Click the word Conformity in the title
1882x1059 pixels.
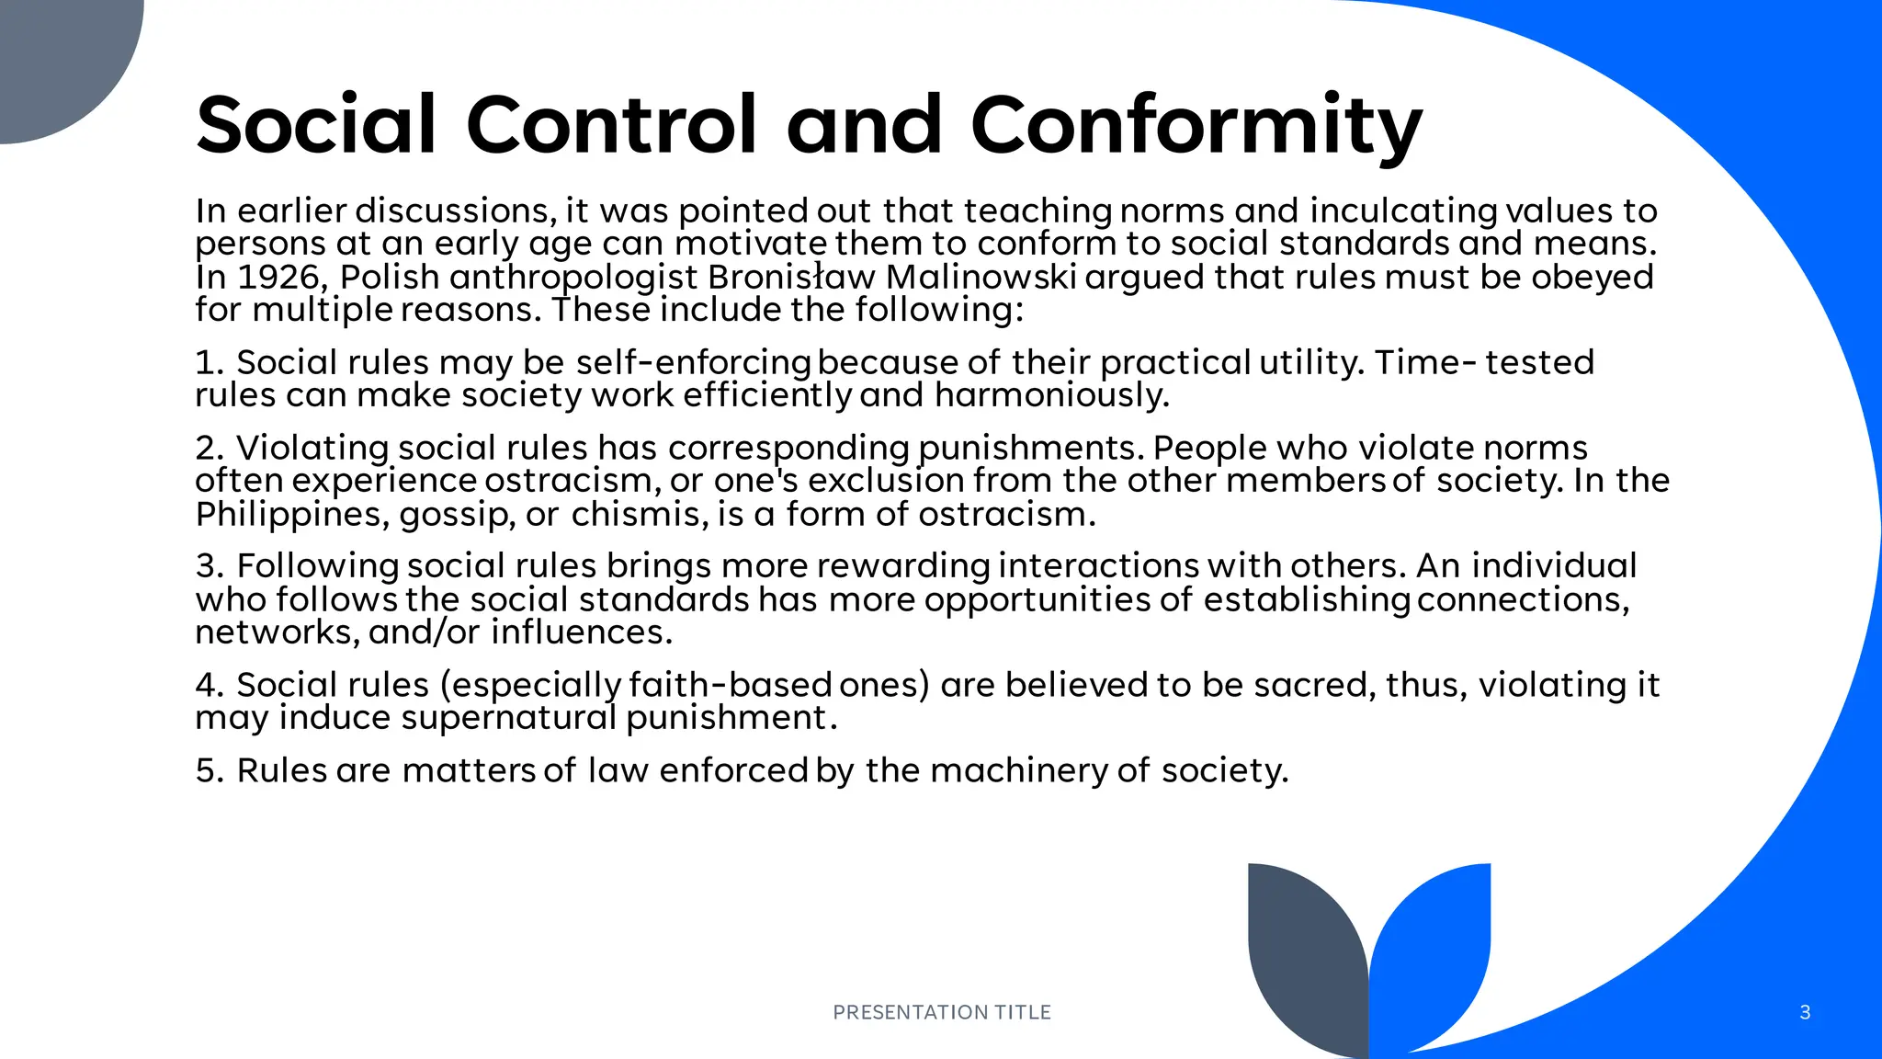[1196, 125]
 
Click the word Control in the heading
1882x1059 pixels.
[612, 125]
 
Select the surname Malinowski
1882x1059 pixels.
[981, 277]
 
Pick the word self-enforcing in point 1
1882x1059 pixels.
[693, 362]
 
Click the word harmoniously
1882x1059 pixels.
[1051, 395]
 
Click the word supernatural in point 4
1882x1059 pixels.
[509, 718]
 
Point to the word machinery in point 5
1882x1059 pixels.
[1019, 770]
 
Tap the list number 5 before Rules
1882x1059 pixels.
[208, 770]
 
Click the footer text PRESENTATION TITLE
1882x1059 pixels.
[941, 1012]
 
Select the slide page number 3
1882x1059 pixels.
[1805, 1012]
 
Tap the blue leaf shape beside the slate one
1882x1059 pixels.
[1434, 947]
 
